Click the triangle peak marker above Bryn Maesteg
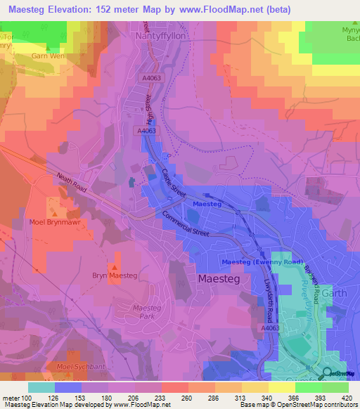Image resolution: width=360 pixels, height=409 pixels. (114, 267)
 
